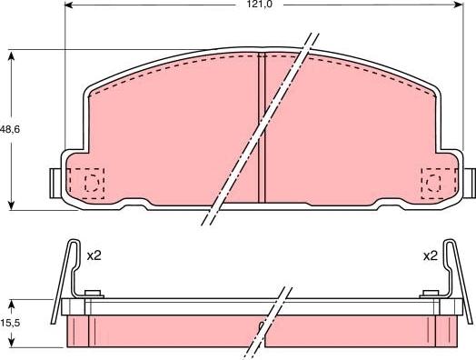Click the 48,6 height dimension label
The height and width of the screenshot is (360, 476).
[x=12, y=130]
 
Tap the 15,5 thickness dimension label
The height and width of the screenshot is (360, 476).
[x=10, y=323]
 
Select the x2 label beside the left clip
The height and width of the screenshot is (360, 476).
[x=93, y=256]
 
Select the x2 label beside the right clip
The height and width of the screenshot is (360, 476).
[x=430, y=256]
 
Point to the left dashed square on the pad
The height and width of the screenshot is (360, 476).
[x=89, y=185]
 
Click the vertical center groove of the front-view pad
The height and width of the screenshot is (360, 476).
[x=262, y=127]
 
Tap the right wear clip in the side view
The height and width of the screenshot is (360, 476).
[x=447, y=273]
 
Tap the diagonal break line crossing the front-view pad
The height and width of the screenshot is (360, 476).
[x=263, y=127]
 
